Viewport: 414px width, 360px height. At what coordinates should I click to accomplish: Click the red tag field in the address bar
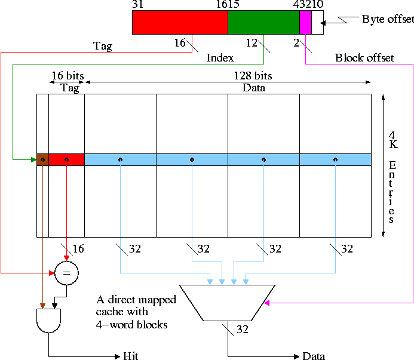pyautogui.click(x=180, y=23)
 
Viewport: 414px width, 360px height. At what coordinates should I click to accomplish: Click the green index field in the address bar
pyautogui.click(x=263, y=23)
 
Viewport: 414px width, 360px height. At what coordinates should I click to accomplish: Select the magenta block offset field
pyautogui.click(x=305, y=23)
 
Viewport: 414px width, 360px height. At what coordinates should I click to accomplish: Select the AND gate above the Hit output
pyautogui.click(x=49, y=321)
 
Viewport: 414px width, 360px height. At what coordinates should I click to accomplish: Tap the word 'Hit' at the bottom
pyautogui.click(x=130, y=356)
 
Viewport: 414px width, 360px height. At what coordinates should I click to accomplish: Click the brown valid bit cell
pyautogui.click(x=42, y=159)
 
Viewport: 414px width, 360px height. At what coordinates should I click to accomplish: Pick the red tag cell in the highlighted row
pyautogui.click(x=66, y=159)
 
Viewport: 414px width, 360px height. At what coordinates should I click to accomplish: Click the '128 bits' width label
pyautogui.click(x=253, y=76)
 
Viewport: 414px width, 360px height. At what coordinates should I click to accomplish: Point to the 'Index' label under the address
pyautogui.click(x=219, y=58)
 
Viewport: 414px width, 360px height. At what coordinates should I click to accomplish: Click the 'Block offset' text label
pyautogui.click(x=364, y=58)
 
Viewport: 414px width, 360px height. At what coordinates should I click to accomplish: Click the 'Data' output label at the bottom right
pyautogui.click(x=314, y=356)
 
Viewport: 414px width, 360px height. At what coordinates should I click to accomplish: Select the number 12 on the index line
pyautogui.click(x=251, y=43)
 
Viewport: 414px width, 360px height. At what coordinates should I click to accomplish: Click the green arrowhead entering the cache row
pyautogui.click(x=33, y=159)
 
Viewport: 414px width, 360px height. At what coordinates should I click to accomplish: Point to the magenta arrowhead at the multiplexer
pyautogui.click(x=267, y=303)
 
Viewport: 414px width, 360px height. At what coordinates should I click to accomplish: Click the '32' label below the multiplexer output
pyautogui.click(x=241, y=329)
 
